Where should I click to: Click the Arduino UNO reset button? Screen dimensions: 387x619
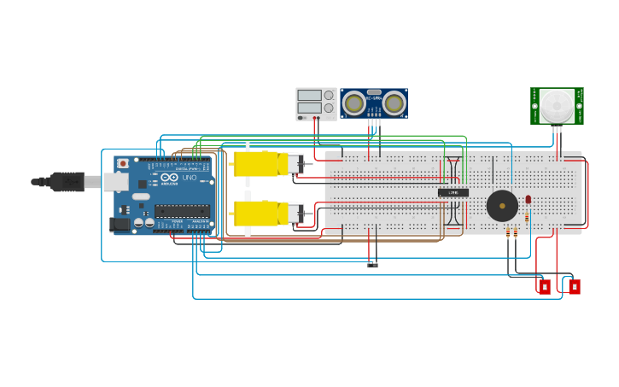click(x=123, y=163)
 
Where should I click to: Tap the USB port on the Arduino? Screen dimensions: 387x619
click(x=115, y=182)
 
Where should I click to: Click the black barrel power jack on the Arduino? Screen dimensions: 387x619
click(x=120, y=225)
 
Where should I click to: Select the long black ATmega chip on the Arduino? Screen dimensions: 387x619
click(x=182, y=210)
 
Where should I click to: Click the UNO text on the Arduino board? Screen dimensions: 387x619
click(x=189, y=178)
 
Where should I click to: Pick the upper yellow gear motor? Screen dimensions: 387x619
click(x=260, y=164)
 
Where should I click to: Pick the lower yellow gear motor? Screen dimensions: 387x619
click(x=260, y=213)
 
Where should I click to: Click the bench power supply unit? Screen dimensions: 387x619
click(x=316, y=103)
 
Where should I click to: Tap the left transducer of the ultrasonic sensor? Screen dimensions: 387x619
click(x=354, y=103)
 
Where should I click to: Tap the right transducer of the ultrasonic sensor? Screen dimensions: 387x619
click(x=393, y=103)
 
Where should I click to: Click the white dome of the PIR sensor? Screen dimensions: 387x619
click(x=557, y=106)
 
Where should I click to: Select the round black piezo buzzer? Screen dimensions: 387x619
click(x=502, y=206)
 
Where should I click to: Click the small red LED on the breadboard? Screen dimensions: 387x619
click(x=528, y=200)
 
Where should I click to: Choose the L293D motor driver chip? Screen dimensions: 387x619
click(x=453, y=192)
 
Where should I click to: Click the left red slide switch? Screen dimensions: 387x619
click(x=545, y=286)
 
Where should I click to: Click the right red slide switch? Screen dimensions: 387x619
click(x=575, y=286)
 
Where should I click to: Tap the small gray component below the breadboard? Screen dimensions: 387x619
click(x=372, y=264)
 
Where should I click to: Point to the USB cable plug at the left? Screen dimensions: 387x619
click(x=67, y=182)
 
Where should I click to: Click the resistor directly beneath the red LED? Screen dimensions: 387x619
click(x=527, y=217)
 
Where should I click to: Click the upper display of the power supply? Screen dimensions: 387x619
click(x=309, y=96)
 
